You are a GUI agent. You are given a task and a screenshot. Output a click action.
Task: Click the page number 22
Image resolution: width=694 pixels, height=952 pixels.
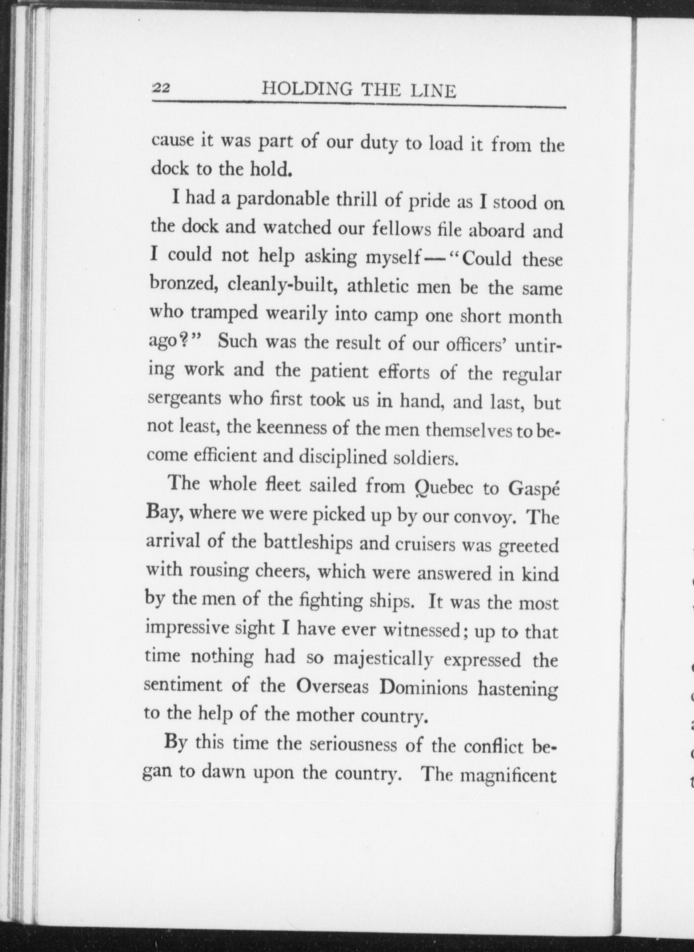tap(161, 88)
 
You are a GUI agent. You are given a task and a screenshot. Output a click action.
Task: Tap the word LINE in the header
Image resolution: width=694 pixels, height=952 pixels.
tap(431, 91)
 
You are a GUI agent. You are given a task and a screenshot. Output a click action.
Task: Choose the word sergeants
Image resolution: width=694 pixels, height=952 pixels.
tap(183, 398)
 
